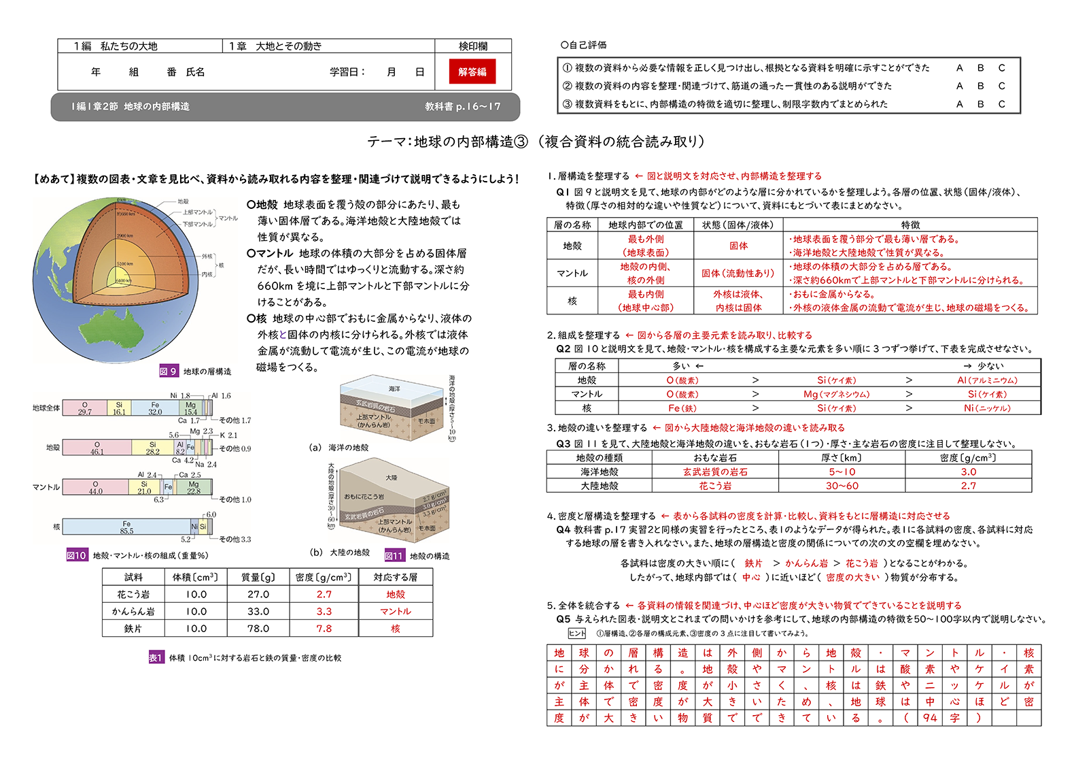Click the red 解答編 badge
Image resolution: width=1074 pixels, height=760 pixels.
(x=472, y=71)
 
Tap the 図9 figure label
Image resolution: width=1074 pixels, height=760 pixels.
(x=168, y=371)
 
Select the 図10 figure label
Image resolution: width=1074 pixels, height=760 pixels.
(x=76, y=555)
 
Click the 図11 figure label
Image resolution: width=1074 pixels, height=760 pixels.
(x=394, y=555)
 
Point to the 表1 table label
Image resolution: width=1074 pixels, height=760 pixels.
(x=156, y=657)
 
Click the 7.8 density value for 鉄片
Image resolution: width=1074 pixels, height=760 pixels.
(x=324, y=628)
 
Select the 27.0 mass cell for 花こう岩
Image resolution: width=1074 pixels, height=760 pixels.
(x=258, y=593)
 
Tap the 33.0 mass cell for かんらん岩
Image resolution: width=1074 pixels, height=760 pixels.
(x=258, y=611)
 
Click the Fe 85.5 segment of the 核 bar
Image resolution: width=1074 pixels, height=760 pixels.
(x=126, y=527)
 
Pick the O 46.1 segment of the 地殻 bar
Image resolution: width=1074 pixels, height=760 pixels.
(x=97, y=448)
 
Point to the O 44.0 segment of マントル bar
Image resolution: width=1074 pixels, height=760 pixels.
(x=95, y=487)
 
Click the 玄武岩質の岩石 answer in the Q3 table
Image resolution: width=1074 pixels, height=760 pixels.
(x=715, y=472)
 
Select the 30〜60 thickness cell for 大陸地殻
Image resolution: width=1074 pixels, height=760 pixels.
(x=842, y=486)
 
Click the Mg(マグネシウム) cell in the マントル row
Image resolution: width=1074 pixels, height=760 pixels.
(x=836, y=394)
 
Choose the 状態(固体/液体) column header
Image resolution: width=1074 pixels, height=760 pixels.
(x=738, y=225)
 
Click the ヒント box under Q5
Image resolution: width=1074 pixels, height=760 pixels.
(x=577, y=633)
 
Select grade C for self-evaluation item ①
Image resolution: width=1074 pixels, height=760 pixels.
(x=1001, y=67)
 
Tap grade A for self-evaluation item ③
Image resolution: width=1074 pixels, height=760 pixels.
(x=959, y=104)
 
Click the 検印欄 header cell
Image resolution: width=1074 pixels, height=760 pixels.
(x=473, y=46)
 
